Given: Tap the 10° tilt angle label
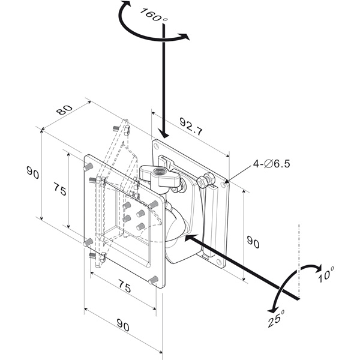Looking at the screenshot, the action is (x=326, y=274).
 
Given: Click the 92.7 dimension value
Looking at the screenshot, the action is (x=191, y=126).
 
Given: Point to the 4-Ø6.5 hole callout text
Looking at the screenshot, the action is (x=272, y=164).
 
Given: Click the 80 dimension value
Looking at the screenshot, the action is (x=65, y=110).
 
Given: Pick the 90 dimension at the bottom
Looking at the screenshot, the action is (x=123, y=325).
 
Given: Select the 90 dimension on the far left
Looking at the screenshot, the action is (x=32, y=172).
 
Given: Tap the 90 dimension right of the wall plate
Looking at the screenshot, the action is (x=253, y=242).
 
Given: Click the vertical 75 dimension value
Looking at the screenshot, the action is (x=60, y=189).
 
